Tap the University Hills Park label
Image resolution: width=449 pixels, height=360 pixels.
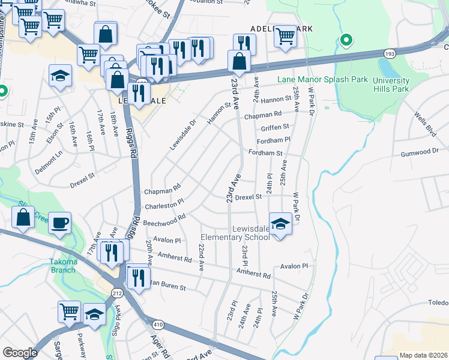tap(391, 85)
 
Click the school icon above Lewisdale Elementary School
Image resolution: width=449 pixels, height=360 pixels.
tap(280, 223)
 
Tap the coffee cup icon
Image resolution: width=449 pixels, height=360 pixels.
tap(59, 223)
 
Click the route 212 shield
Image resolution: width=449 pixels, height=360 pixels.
tap(116, 292)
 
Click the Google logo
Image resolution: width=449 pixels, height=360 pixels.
tap(20, 352)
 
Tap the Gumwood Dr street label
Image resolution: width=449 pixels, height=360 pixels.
tap(418, 151)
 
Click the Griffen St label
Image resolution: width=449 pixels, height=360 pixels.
tap(275, 127)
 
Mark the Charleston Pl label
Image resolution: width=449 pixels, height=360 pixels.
tap(163, 204)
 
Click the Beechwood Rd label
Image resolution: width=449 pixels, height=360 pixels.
tap(164, 220)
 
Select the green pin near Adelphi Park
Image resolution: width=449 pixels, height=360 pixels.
tap(346, 40)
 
